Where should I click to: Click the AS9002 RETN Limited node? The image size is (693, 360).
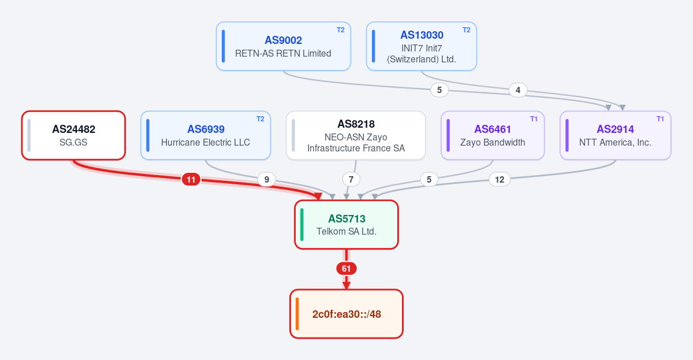pyautogui.click(x=284, y=46)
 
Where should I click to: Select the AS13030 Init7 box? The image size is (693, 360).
pyautogui.click(x=422, y=46)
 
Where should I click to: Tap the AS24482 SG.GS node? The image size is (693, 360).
pyautogui.click(x=73, y=135)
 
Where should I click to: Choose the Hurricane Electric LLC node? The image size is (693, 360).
pyautogui.click(x=206, y=135)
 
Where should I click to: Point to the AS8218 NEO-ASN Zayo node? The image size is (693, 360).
pyautogui.click(x=356, y=135)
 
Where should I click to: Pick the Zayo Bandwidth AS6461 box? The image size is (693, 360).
pyautogui.click(x=493, y=135)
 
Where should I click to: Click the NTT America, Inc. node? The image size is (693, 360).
pyautogui.click(x=616, y=135)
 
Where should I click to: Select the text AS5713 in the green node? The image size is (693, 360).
pyautogui.click(x=346, y=219)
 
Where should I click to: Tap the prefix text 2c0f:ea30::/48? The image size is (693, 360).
pyautogui.click(x=346, y=314)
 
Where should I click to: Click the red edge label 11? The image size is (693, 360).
pyautogui.click(x=191, y=180)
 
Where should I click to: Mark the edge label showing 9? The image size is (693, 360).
pyautogui.click(x=267, y=180)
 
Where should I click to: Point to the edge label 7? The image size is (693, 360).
pyautogui.click(x=351, y=180)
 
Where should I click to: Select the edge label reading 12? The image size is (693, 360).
pyautogui.click(x=500, y=180)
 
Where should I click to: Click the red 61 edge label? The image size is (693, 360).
pyautogui.click(x=346, y=269)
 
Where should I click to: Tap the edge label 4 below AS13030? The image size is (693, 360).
pyautogui.click(x=518, y=90)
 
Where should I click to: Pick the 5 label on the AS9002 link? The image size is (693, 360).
pyautogui.click(x=439, y=90)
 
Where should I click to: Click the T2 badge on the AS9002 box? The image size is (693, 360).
pyautogui.click(x=340, y=30)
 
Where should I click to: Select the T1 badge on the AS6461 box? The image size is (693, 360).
pyautogui.click(x=534, y=119)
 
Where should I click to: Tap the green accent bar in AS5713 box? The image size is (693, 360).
pyautogui.click(x=302, y=224)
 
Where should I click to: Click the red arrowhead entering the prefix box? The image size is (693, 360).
pyautogui.click(x=346, y=285)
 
